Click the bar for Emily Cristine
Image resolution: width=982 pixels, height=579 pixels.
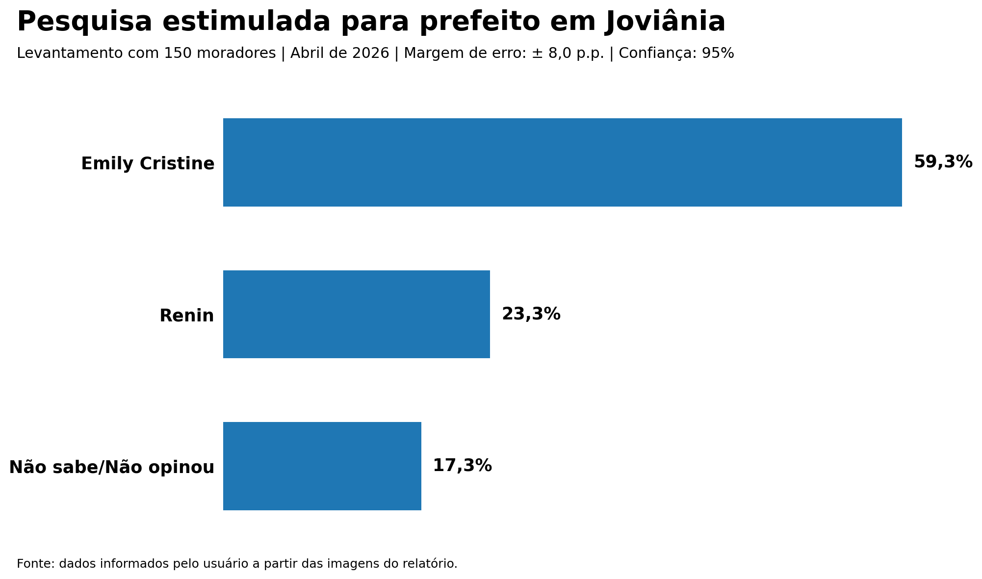(562, 162)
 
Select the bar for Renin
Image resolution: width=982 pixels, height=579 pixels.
(356, 314)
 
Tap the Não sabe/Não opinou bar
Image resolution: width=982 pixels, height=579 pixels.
(322, 466)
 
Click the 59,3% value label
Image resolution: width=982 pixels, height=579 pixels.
(943, 162)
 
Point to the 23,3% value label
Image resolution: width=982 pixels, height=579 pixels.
(531, 314)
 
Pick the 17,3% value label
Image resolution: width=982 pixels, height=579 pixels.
(462, 466)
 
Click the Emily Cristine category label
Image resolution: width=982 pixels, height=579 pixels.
(148, 163)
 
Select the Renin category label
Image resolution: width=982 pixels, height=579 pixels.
(186, 316)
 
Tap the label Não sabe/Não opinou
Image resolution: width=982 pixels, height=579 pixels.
(112, 467)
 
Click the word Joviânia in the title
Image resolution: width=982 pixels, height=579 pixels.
(665, 22)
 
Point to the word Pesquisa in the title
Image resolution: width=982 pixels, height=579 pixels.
(84, 22)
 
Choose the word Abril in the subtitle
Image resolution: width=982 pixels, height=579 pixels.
(307, 53)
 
